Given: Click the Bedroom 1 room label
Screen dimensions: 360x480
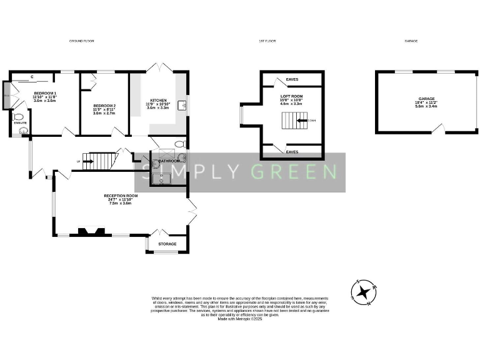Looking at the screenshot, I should point(45,93).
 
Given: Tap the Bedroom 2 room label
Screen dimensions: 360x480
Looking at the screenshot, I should point(104,106).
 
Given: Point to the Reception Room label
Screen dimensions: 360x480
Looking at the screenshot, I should point(121,196).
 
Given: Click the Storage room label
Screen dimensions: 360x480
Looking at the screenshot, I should point(167,244).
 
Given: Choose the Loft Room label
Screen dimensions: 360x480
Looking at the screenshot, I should point(291,96).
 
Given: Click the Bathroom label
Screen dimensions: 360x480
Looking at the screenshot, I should point(169,161).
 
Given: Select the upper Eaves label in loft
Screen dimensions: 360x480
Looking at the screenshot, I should point(292,80).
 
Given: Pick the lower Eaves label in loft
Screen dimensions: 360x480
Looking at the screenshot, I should point(292,151).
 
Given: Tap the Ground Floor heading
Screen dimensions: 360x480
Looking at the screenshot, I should point(81,41).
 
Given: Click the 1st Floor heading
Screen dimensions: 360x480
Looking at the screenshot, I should point(267,41).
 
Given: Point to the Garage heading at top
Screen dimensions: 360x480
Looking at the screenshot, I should point(411,41).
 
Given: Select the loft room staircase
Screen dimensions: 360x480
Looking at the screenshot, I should point(292,121).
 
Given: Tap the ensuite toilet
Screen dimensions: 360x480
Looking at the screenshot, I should point(18,117).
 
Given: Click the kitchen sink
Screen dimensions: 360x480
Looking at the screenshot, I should point(182,105).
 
